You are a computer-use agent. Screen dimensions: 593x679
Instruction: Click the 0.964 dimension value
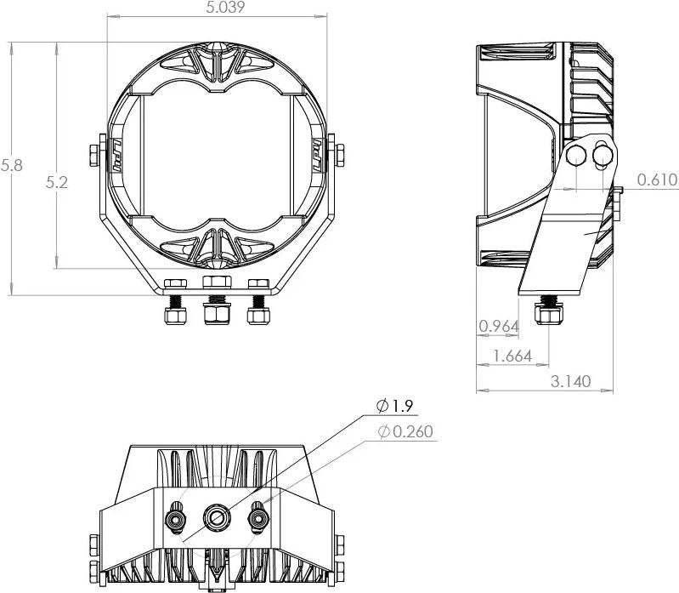[499, 327]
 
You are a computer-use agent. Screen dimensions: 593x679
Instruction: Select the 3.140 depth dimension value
[570, 381]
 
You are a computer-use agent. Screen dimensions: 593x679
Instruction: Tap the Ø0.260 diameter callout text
[405, 432]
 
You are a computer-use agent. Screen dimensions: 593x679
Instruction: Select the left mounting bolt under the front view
[175, 314]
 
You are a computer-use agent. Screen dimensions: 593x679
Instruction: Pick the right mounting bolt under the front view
[258, 314]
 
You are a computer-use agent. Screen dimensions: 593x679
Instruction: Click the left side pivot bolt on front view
[93, 154]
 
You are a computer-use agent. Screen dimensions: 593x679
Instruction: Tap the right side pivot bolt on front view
[340, 154]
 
